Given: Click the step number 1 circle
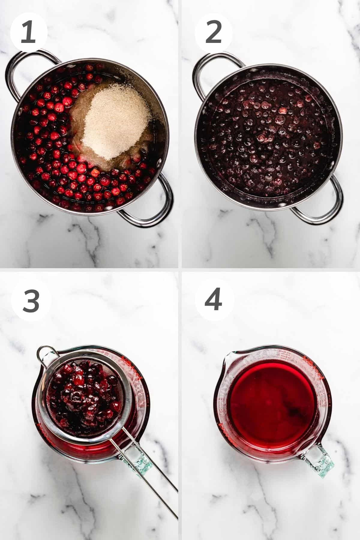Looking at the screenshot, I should click(29, 32).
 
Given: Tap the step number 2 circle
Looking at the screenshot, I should click(214, 32).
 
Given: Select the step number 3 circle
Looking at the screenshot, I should click(31, 301).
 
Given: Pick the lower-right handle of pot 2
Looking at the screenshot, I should click(324, 204).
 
